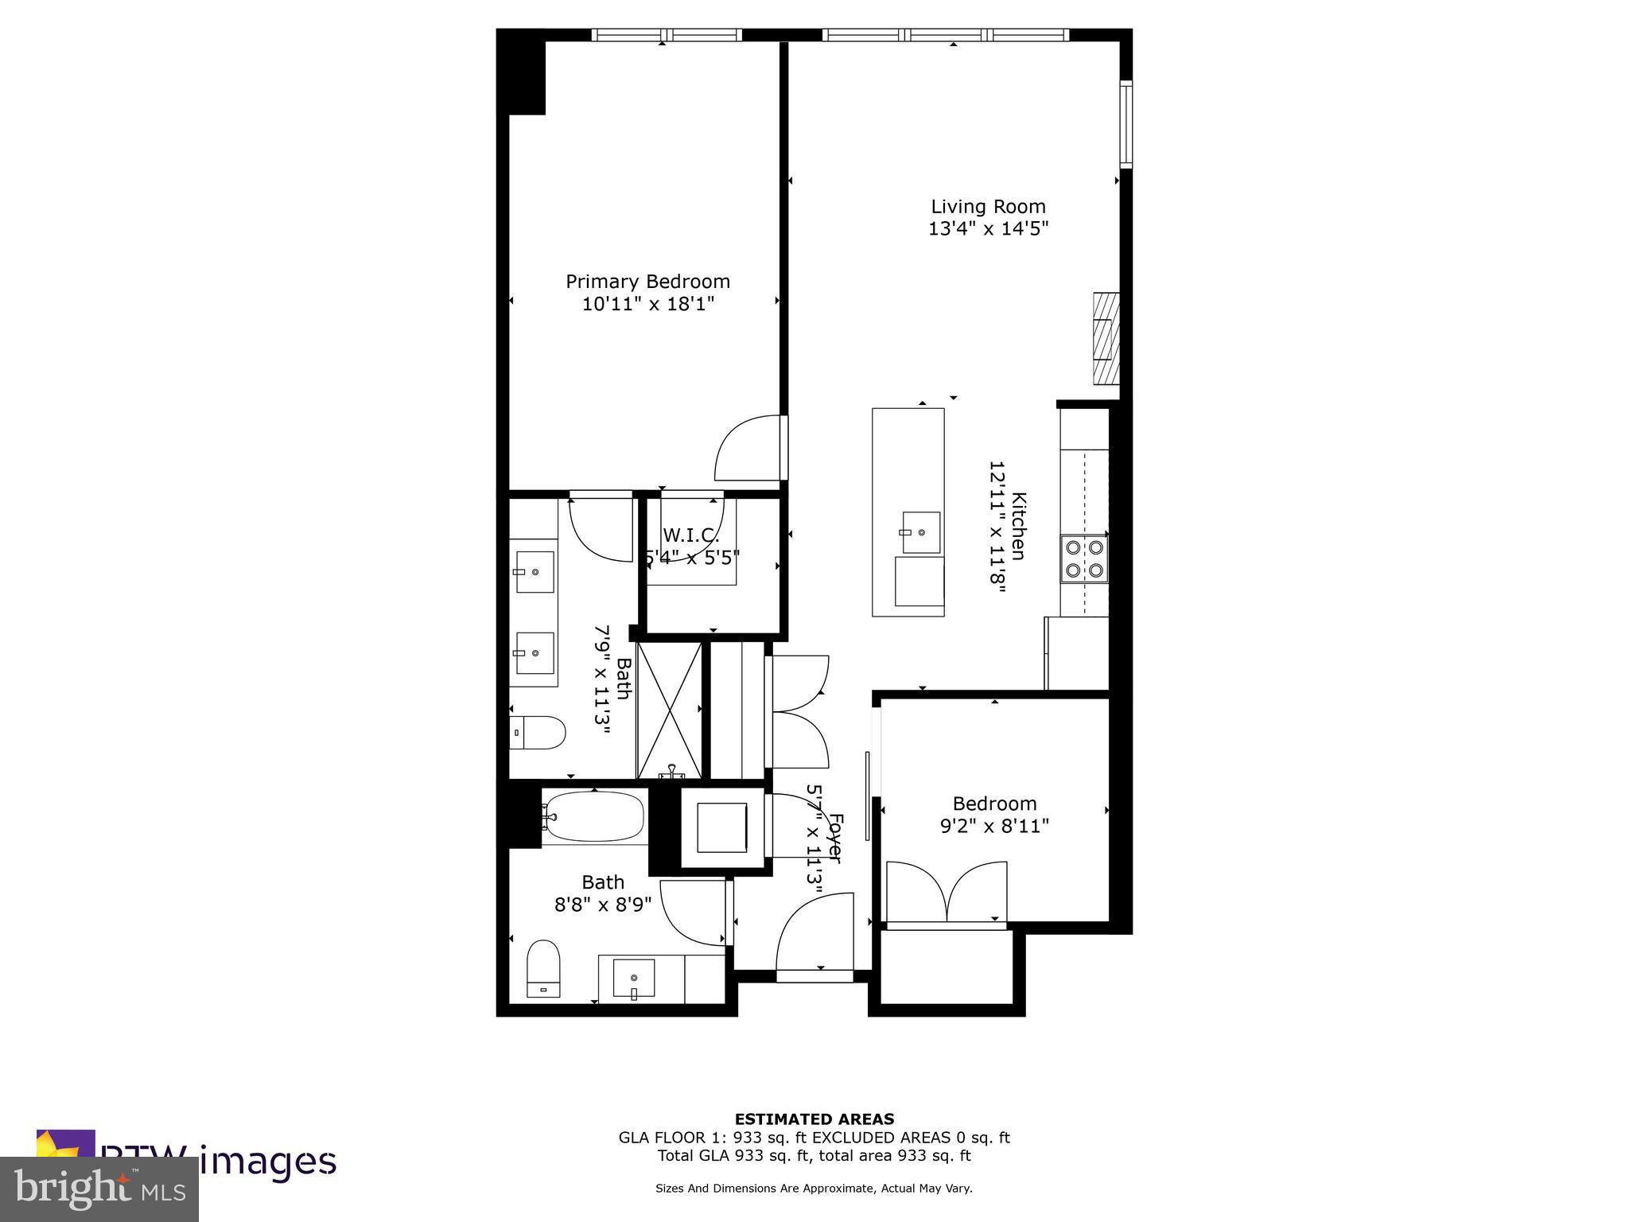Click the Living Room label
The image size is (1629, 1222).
(x=988, y=207)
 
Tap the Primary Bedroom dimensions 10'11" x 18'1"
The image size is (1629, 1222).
(x=647, y=304)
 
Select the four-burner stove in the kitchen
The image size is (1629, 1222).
(x=1084, y=558)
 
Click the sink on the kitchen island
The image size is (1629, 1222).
(x=919, y=531)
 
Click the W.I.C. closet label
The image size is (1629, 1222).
(x=690, y=535)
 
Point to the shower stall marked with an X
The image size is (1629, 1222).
(x=670, y=710)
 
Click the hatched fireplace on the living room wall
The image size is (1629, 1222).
(x=1106, y=338)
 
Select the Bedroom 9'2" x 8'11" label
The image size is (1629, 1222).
(x=994, y=815)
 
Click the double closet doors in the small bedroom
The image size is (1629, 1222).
(x=947, y=891)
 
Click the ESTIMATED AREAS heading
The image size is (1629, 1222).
(x=814, y=1119)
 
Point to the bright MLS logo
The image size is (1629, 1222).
(x=99, y=1189)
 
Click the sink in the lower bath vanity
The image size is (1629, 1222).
(x=634, y=978)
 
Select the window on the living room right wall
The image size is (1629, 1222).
(x=1126, y=123)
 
